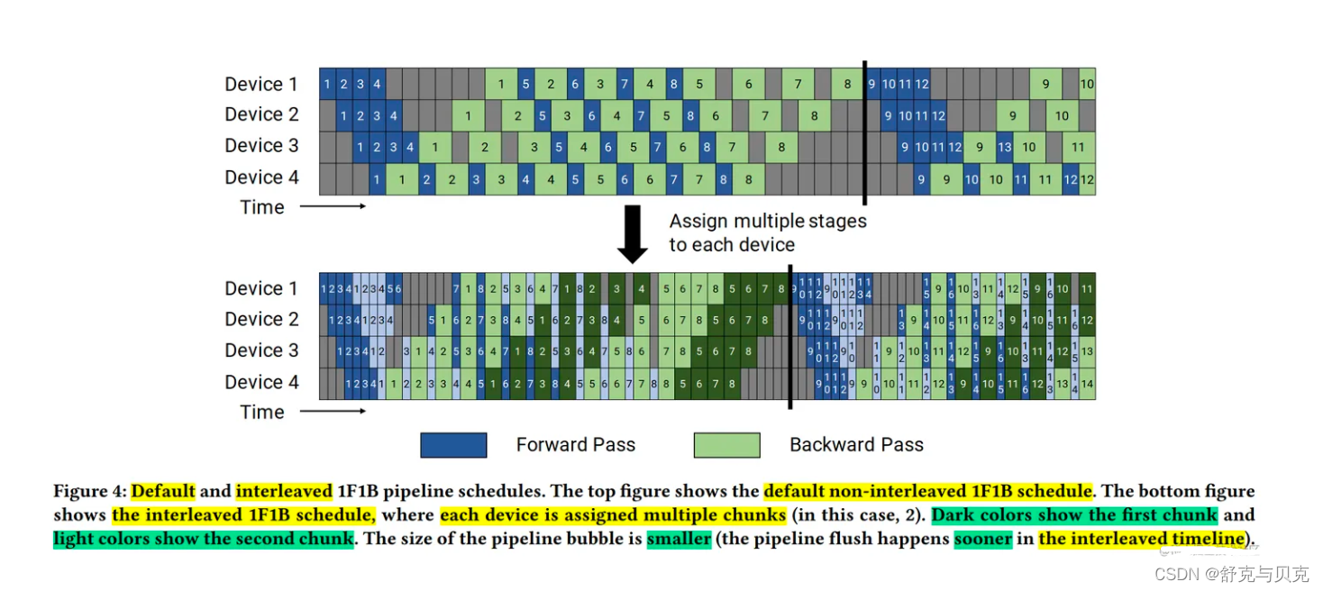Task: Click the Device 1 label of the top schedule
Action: coord(260,85)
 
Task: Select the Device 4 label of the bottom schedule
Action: coord(260,382)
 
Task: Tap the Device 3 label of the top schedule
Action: coord(260,146)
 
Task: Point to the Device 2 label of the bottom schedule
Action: coord(260,320)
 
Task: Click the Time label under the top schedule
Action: coord(262,207)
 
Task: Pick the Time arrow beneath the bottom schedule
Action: coord(332,412)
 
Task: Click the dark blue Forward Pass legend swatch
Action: coord(453,445)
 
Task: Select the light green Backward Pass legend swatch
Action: coord(726,445)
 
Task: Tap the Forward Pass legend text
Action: coord(575,445)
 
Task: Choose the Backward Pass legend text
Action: coord(856,445)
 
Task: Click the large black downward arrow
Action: coord(633,233)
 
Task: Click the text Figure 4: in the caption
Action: coord(89,492)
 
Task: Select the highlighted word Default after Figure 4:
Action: coord(163,492)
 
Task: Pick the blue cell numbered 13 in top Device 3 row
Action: coord(1005,147)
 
